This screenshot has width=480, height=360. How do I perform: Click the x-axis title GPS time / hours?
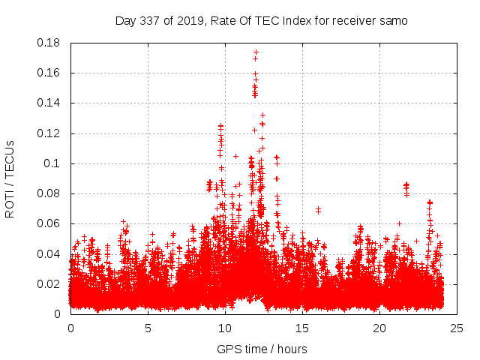(262, 349)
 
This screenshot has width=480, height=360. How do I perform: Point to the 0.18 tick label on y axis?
(49, 43)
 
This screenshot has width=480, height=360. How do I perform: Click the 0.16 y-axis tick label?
(49, 73)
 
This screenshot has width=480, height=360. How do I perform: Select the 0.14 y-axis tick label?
(49, 103)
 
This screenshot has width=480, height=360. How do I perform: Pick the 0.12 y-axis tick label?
(49, 133)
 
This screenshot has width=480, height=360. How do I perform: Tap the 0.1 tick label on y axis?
(53, 163)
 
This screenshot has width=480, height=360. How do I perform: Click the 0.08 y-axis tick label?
(49, 193)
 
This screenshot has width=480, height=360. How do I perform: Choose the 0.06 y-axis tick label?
(49, 223)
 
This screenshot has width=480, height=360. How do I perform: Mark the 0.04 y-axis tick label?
(49, 253)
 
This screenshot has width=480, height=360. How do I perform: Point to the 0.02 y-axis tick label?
(49, 284)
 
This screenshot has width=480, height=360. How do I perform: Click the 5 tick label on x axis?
(148, 328)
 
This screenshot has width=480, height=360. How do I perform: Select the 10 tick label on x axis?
(225, 328)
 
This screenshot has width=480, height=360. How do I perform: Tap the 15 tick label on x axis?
(302, 328)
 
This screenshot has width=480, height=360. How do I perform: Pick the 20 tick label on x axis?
(379, 328)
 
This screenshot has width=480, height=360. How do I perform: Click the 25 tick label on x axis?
(457, 328)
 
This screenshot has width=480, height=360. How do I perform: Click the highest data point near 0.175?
(256, 52)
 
